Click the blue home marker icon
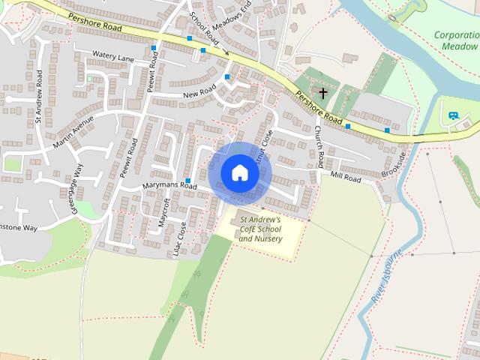coord(239,172)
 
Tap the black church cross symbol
coord(323,94)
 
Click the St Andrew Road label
coord(38,97)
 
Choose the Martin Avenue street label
coord(73,132)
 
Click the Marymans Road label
coord(169,185)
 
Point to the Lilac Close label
coord(180,239)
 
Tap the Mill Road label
coord(346,177)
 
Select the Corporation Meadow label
coord(457,40)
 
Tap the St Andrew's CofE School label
coord(260,229)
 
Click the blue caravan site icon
coord(452,116)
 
